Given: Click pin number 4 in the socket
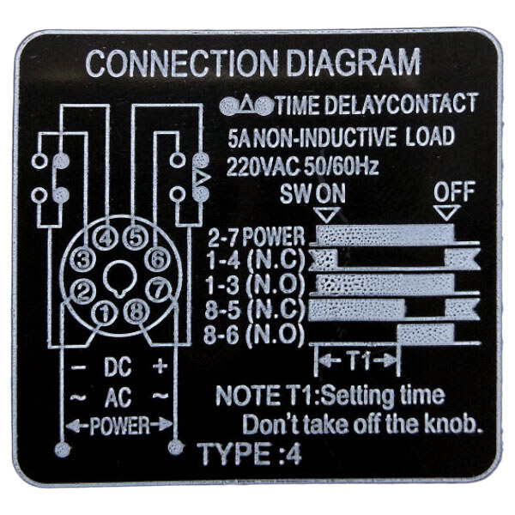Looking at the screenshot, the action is (x=106, y=239).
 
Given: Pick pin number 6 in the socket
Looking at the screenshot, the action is (x=158, y=260).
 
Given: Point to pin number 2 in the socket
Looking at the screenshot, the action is (x=82, y=291).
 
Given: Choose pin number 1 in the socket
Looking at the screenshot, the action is (x=104, y=312).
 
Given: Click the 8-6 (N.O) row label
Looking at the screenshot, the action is (x=252, y=335).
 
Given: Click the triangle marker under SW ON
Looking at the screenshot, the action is (x=326, y=215).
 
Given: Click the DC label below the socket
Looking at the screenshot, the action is (x=118, y=367).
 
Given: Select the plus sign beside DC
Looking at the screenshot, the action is (x=161, y=366).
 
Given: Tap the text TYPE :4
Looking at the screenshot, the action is (x=249, y=453).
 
